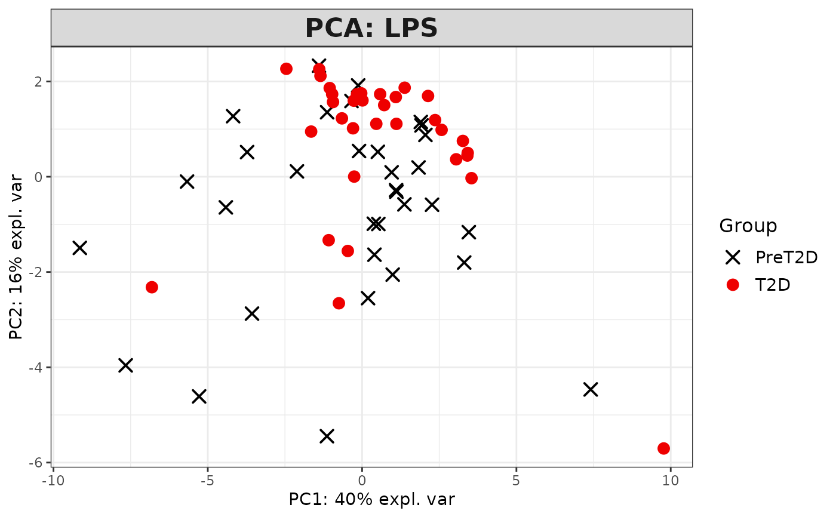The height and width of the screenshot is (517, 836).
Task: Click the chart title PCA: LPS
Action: coord(371,28)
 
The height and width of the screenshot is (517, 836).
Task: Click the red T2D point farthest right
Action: coord(663,448)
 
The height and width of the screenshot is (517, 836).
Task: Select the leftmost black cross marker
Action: coord(79,248)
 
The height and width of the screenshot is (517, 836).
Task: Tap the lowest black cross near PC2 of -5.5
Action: coord(327,436)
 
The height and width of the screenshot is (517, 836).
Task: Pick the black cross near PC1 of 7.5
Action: coord(591,389)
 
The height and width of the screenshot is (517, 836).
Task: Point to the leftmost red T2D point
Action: coord(152,287)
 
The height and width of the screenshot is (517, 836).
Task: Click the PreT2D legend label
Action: coord(786,257)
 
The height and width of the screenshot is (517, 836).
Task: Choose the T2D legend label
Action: coord(773,285)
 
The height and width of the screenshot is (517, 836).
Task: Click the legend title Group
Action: coord(748,226)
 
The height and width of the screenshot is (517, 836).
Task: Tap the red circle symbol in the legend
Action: coord(733,285)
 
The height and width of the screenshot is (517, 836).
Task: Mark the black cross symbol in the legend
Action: coord(733,257)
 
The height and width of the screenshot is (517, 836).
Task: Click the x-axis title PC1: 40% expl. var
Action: coord(372,499)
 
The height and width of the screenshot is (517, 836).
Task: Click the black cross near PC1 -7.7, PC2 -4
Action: coord(125,365)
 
